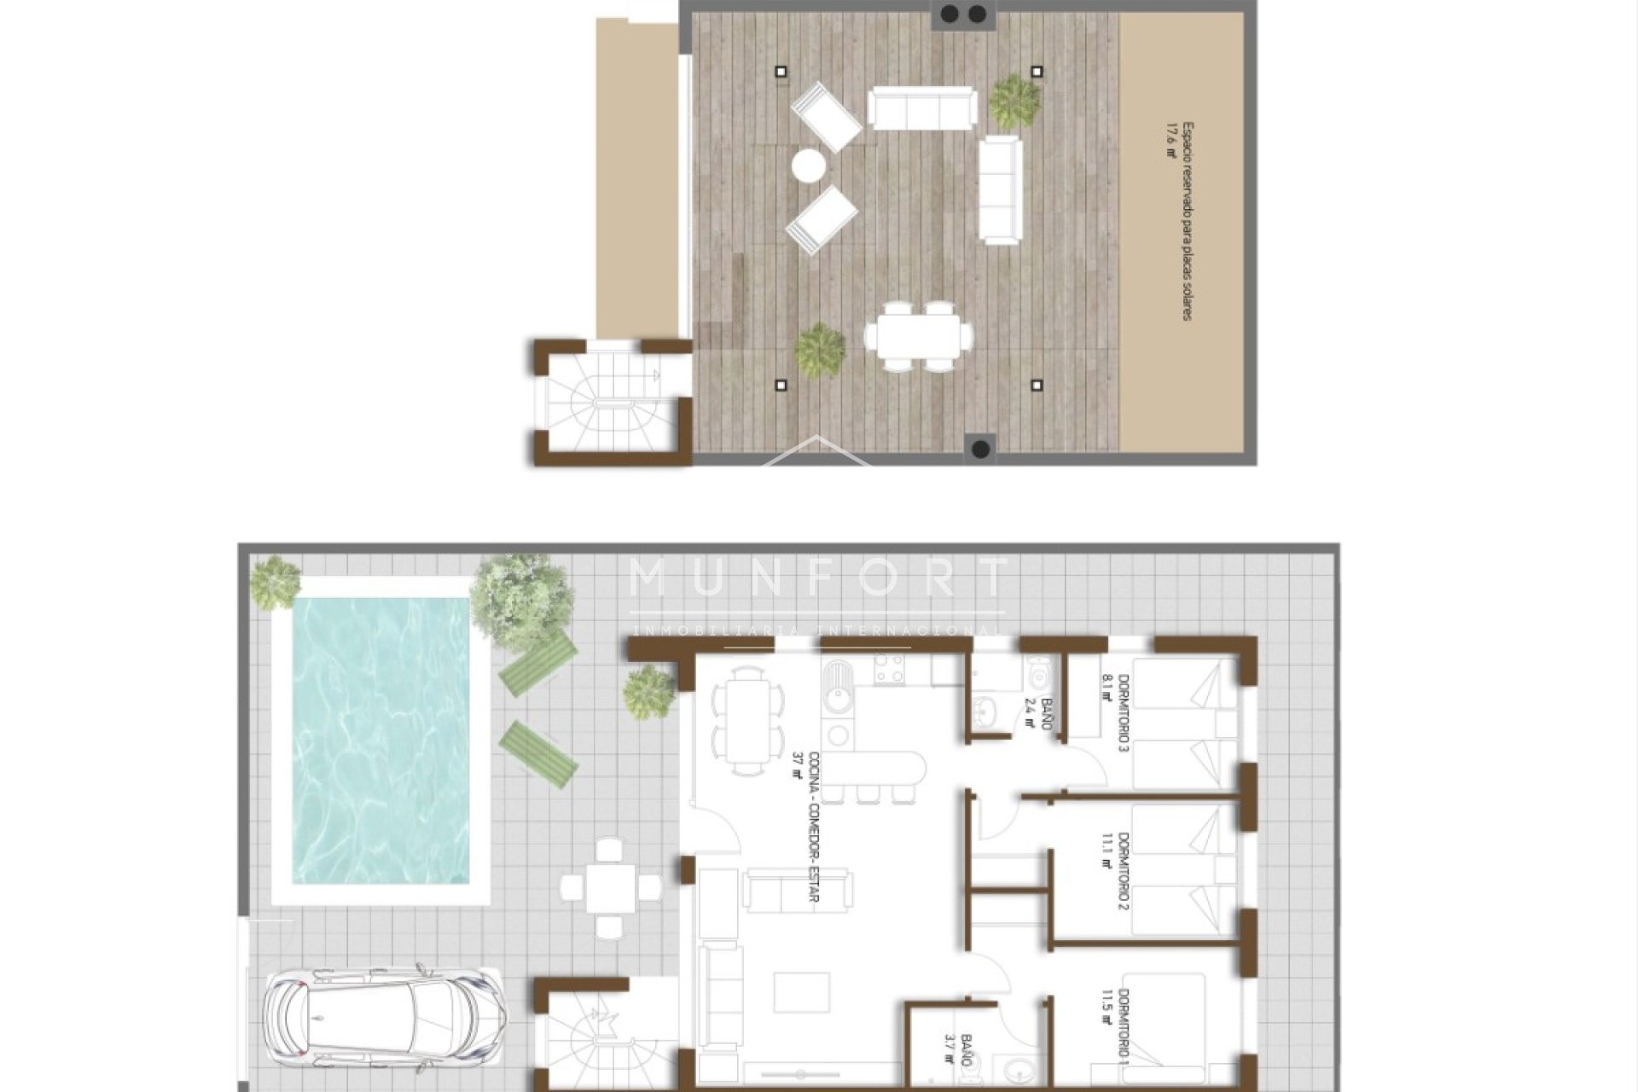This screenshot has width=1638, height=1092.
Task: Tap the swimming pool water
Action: click(x=380, y=739)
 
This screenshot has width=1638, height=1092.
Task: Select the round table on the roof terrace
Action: click(x=808, y=165)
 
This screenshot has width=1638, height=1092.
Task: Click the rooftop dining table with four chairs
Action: click(x=917, y=336)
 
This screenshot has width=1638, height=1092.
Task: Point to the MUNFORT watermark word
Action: click(x=817, y=578)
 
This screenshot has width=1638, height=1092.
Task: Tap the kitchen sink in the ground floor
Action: click(x=837, y=694)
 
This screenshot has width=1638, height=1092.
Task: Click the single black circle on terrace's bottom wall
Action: click(x=981, y=448)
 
